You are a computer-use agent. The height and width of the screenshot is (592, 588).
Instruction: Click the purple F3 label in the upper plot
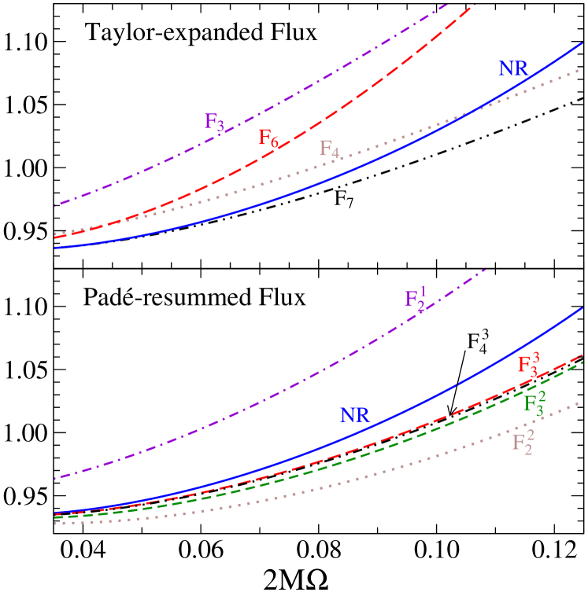(214, 122)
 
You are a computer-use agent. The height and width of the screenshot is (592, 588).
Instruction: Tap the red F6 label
(268, 138)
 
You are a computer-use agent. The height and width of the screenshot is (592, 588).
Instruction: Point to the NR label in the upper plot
(513, 68)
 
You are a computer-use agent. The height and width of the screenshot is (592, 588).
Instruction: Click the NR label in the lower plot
(355, 415)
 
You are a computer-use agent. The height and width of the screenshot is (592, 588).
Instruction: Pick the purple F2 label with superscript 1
(415, 298)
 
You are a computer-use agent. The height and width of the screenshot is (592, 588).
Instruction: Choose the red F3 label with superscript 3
(528, 364)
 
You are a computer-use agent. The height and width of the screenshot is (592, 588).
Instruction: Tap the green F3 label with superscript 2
(534, 402)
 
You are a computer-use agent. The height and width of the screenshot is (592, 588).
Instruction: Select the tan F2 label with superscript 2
(523, 441)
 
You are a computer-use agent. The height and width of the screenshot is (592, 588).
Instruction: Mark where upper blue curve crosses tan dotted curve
(469, 112)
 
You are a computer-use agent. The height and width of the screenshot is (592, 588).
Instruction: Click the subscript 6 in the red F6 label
(274, 143)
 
